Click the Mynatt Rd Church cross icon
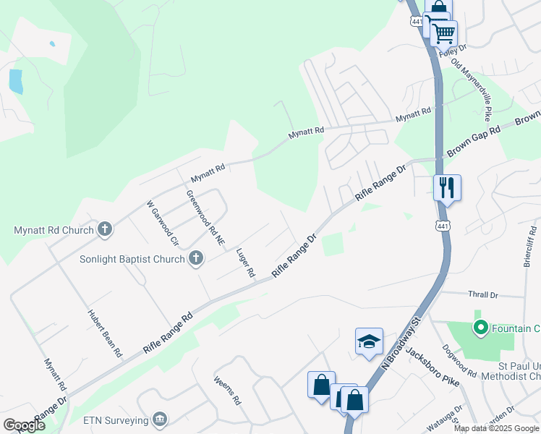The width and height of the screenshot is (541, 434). tap(105, 230)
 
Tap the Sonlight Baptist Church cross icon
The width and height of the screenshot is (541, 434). tap(196, 258)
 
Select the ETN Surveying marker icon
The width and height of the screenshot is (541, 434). tap(160, 419)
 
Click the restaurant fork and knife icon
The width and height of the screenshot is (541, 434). tap(447, 188)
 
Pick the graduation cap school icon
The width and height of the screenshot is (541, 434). tap(368, 341)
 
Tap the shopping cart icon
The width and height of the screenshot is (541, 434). tap(443, 33)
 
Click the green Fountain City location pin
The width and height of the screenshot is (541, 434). tap(478, 328)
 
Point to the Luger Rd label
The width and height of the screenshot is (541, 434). tap(245, 263)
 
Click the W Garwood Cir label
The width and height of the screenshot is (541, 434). tap(162, 223)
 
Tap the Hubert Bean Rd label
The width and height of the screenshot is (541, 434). tap(105, 334)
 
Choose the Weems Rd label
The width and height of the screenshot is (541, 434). tap(227, 390)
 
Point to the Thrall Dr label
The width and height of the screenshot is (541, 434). tap(485, 295)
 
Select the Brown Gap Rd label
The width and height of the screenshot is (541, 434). tap(474, 142)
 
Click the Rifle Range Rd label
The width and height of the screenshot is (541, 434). tap(169, 333)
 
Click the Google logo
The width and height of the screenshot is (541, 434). tap(24, 425)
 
